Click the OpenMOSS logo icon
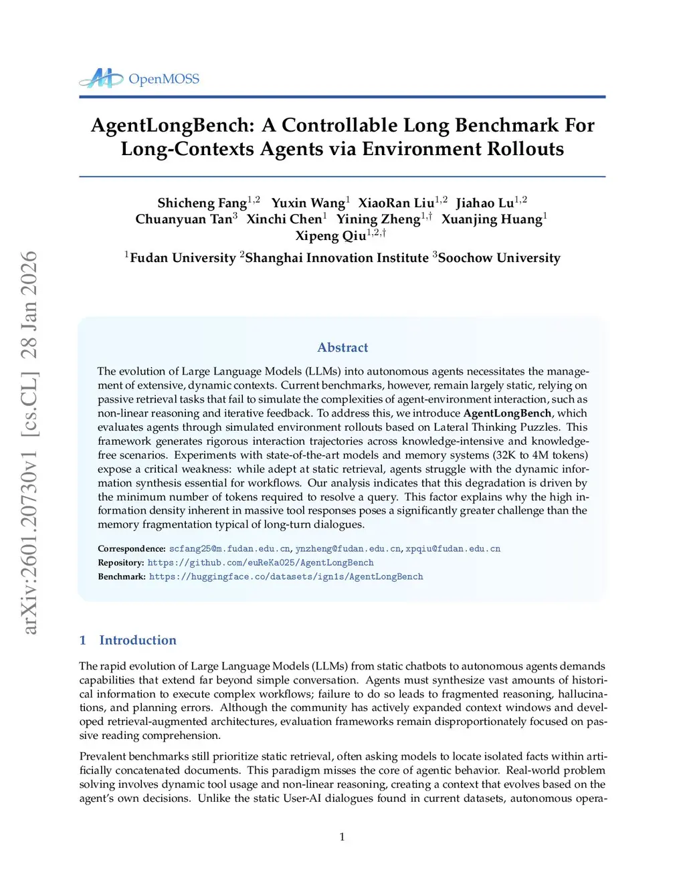(101, 79)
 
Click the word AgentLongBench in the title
(173, 126)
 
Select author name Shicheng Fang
(202, 203)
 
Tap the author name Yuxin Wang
(308, 203)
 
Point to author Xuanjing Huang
(492, 219)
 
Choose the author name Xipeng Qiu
(330, 236)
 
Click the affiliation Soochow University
(499, 258)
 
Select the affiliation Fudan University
(183, 258)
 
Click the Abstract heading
(342, 348)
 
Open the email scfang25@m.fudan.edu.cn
(229, 549)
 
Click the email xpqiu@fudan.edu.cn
(453, 549)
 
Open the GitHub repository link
(260, 563)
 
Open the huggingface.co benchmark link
(286, 577)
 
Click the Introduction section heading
(138, 641)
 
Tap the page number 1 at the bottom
(342, 837)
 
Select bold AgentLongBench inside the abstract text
(507, 413)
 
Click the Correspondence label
(131, 549)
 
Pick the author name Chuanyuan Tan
(183, 219)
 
